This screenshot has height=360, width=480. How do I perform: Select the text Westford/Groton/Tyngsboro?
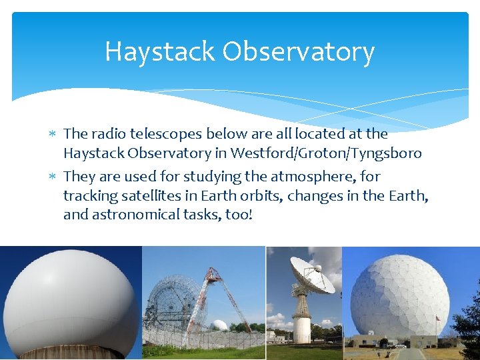point(326,153)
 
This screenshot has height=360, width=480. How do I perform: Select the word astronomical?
point(131,215)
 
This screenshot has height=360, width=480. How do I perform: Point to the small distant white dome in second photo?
point(219,325)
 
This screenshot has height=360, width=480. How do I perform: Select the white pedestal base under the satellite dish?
point(302,327)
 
